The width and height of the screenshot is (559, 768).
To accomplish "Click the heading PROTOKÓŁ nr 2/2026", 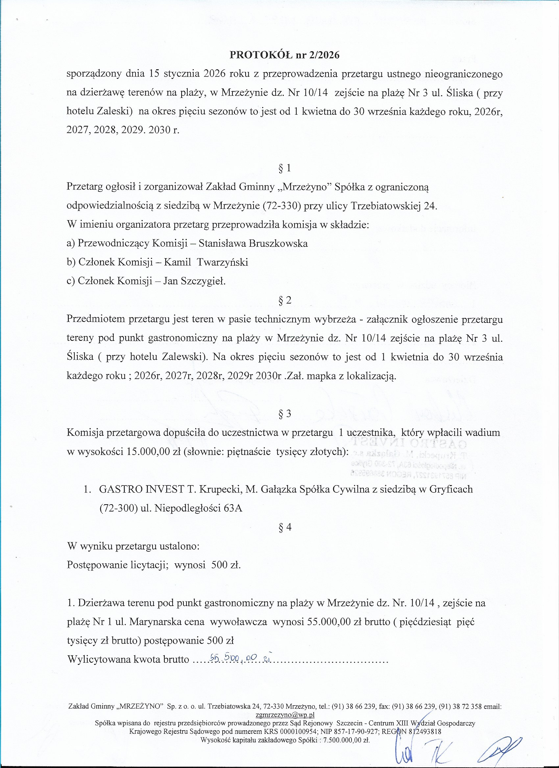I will (x=284, y=55).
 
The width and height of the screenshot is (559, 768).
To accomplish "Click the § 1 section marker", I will (x=284, y=168).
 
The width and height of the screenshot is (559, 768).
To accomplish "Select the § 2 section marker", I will (x=284, y=300).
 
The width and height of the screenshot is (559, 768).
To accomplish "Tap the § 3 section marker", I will (x=284, y=414).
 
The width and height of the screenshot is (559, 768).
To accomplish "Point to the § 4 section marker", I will (x=284, y=527).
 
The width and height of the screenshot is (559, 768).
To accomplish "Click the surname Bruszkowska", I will (x=278, y=243).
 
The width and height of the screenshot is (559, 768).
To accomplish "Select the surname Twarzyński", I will (x=222, y=262).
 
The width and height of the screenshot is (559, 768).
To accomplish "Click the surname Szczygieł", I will (x=204, y=281).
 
